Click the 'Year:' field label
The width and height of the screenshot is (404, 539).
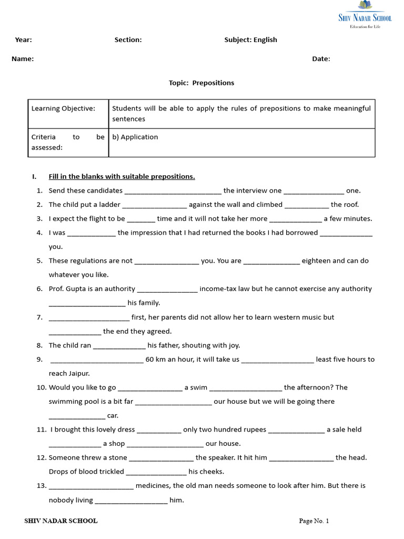click(23, 40)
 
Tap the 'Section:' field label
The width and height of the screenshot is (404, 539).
click(128, 40)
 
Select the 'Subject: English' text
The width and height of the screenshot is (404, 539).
click(250, 40)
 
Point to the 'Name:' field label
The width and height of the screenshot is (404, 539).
click(23, 59)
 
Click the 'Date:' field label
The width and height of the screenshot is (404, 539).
click(321, 59)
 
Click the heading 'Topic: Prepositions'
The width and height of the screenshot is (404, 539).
click(201, 83)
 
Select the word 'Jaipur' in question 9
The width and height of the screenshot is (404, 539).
click(78, 373)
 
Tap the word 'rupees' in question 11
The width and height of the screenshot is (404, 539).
click(255, 430)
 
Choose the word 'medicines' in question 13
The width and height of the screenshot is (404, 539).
click(153, 486)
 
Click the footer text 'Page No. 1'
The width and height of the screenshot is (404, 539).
click(314, 521)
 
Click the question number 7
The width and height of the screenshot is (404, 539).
click(39, 317)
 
